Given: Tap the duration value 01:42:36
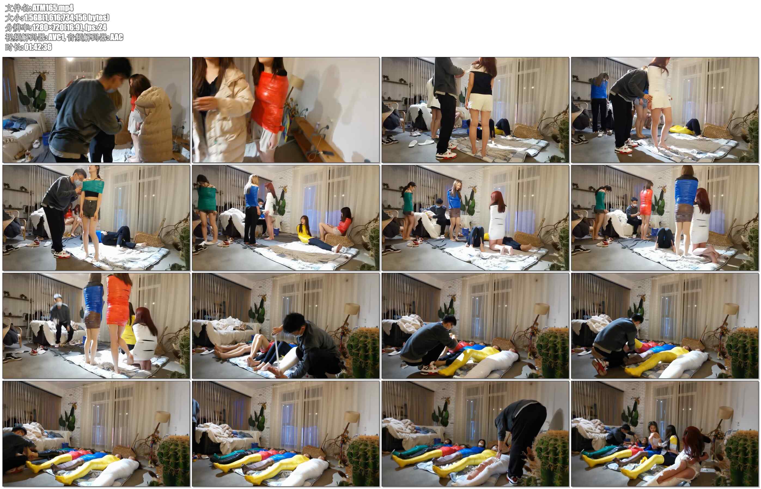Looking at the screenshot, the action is [x=38, y=47].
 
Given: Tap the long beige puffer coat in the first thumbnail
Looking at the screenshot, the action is [x=154, y=124].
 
